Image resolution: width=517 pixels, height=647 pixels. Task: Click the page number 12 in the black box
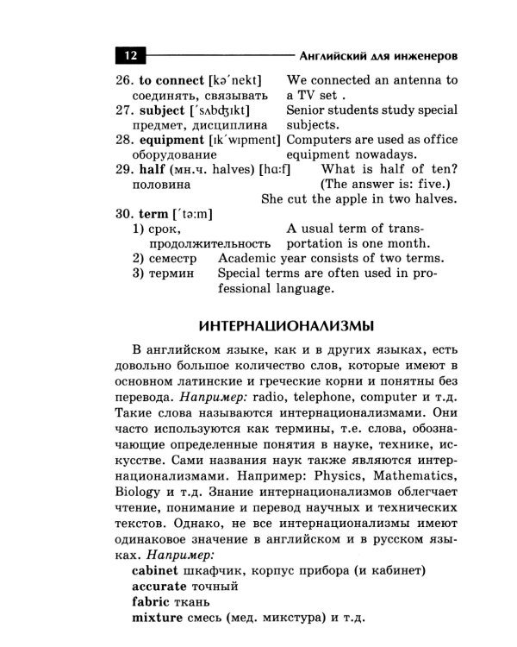coord(131,57)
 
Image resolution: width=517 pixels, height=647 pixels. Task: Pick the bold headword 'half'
coord(152,169)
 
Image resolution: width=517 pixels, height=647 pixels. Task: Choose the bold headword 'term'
coord(153,213)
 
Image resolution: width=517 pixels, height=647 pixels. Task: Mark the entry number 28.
coord(124,139)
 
